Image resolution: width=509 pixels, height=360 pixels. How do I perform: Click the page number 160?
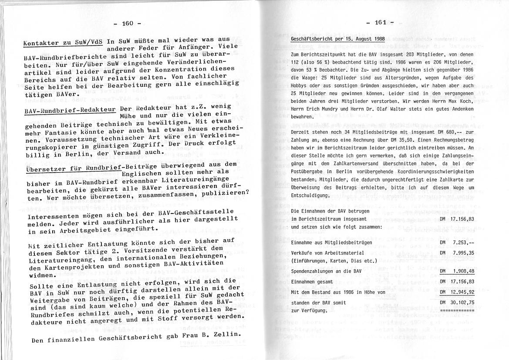coord(126,23)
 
